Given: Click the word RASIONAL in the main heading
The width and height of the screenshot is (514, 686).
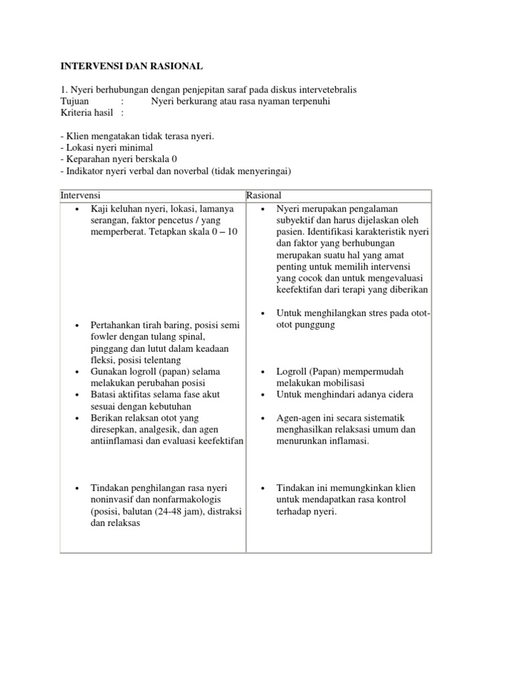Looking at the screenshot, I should [172, 66].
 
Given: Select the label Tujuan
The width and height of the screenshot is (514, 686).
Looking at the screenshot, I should [74, 101].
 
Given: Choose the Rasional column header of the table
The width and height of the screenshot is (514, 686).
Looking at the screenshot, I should [264, 195].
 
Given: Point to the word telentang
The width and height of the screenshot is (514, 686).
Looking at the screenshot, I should [163, 360].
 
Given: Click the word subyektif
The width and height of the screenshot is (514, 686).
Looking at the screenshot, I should [299, 220].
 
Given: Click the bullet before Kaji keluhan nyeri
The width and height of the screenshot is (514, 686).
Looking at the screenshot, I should [78, 208].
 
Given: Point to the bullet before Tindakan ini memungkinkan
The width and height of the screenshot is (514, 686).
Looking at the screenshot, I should [264, 488].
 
